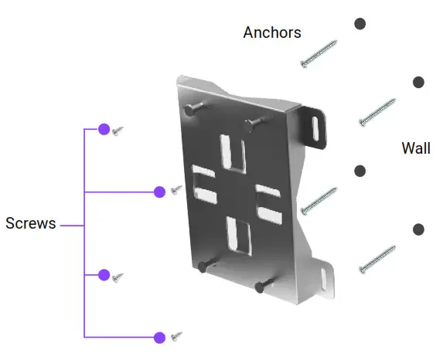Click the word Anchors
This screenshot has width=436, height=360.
272,32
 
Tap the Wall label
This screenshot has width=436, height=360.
416,148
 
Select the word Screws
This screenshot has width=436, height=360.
30,224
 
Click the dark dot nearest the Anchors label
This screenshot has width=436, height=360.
359,23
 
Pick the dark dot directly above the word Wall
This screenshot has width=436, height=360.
418,82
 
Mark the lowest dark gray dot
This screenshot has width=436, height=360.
418,229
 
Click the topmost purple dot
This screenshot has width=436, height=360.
104,130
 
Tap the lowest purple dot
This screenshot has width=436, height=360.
159,337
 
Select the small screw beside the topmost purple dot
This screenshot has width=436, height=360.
118,132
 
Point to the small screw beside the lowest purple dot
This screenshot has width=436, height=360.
176,336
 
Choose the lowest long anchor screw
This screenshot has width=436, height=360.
377,260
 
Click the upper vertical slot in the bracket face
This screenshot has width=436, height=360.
232,152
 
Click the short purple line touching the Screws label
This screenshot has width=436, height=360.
71,226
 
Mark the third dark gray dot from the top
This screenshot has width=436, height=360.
359,170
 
